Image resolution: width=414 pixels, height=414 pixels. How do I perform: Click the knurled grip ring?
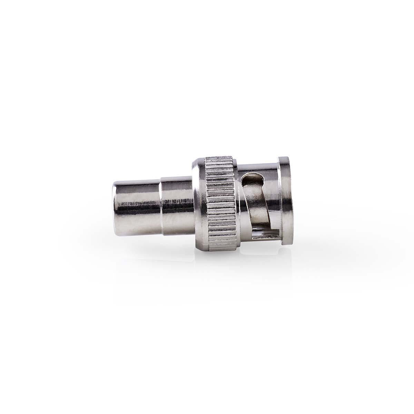221,207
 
